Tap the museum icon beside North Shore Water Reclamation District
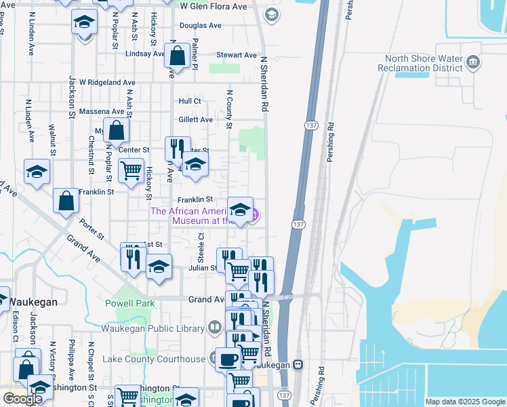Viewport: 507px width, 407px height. click(473, 64)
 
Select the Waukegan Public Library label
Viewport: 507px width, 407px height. click(153, 328)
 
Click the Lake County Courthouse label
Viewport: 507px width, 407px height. click(153, 359)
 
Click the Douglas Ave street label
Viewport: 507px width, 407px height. click(201, 26)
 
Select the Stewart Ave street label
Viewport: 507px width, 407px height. click(237, 55)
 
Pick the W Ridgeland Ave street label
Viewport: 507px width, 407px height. click(107, 82)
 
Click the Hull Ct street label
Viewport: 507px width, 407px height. click(190, 101)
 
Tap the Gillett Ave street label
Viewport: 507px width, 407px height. click(196, 119)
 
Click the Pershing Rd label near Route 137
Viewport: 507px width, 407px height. click(330, 136)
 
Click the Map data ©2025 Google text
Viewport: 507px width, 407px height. click(464, 402)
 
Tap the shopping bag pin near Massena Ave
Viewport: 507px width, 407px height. click(117, 129)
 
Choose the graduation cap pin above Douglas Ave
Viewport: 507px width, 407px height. click(84, 22)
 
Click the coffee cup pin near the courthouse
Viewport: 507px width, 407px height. click(228, 358)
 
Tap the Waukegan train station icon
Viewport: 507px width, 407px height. click(298, 364)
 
